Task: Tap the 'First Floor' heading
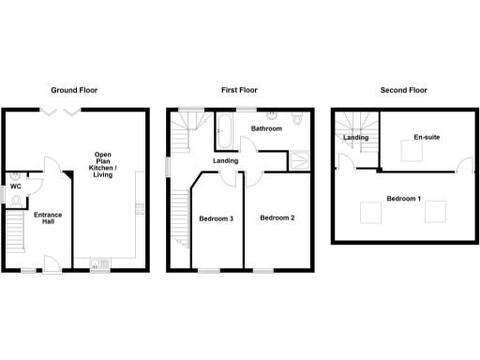(x=239, y=91)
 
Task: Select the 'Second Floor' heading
(x=403, y=91)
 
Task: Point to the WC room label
(x=16, y=187)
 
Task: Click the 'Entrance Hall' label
(x=47, y=219)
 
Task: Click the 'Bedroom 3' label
(x=216, y=218)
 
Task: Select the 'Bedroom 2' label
(x=277, y=218)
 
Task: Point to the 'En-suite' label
(x=427, y=138)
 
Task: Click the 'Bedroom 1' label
(x=404, y=198)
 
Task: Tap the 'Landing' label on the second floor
(x=355, y=138)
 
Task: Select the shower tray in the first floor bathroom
(x=299, y=159)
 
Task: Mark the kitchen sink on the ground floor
(x=96, y=264)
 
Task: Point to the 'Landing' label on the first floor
(x=226, y=160)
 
